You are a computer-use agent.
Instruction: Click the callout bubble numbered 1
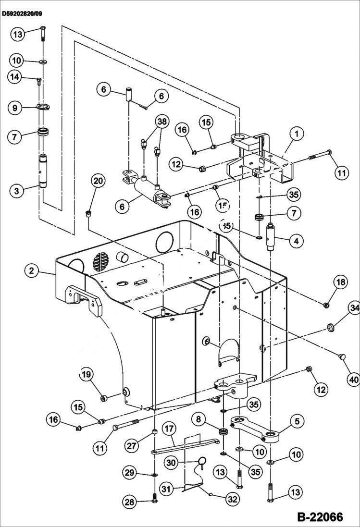tap(297, 135)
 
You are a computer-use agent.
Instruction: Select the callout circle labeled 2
tap(32, 270)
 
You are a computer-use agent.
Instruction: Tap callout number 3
tap(17, 191)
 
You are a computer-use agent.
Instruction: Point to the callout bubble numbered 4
tap(296, 242)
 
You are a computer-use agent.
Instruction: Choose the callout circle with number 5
tap(297, 422)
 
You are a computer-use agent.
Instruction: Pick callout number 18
tap(341, 282)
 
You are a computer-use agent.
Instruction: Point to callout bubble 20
tap(98, 181)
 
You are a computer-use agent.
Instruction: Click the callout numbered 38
tap(161, 122)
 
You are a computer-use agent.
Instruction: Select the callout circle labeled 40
tap(353, 380)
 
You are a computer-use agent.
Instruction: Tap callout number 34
tap(354, 307)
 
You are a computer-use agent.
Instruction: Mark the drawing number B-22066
tap(319, 517)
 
